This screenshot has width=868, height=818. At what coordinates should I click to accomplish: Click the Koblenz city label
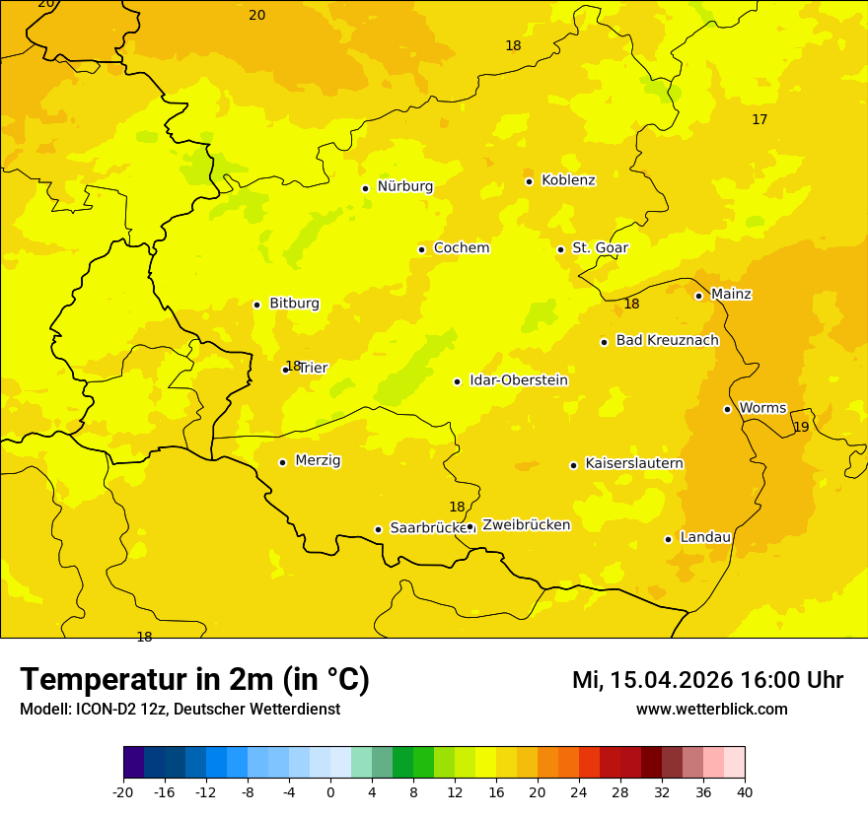coord(568,180)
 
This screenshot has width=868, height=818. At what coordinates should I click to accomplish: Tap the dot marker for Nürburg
coord(365,188)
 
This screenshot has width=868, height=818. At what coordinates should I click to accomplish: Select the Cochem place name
coord(462,248)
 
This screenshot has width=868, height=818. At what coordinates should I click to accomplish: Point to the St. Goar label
coord(600,248)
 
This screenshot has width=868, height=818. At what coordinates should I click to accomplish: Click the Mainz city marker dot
coord(698,296)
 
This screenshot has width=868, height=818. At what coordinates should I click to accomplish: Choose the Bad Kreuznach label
coord(667,341)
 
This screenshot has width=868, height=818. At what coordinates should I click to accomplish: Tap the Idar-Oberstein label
coord(519,380)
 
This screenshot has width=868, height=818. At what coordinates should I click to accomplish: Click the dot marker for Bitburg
coord(256,305)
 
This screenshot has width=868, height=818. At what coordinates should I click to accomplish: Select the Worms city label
coord(762,408)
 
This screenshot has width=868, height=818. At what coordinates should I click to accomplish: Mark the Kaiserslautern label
coord(634,464)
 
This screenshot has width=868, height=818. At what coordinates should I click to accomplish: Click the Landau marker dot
coord(668,539)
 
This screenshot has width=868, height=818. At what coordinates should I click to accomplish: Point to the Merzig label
coord(318,460)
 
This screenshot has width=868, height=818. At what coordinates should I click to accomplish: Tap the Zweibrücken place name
coord(526,525)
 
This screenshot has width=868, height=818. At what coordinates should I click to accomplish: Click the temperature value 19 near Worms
coord(801,427)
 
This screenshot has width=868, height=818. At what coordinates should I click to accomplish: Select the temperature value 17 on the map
coord(759,119)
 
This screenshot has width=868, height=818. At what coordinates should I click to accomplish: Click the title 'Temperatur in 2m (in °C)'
coord(194,680)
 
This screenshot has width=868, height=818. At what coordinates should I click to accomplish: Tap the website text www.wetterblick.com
coord(711,710)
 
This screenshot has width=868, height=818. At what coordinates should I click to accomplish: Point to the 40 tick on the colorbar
coord(745,791)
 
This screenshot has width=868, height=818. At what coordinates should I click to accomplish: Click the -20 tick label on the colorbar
coord(123,791)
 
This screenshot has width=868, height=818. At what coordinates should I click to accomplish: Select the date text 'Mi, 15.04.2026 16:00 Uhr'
coord(707,680)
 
